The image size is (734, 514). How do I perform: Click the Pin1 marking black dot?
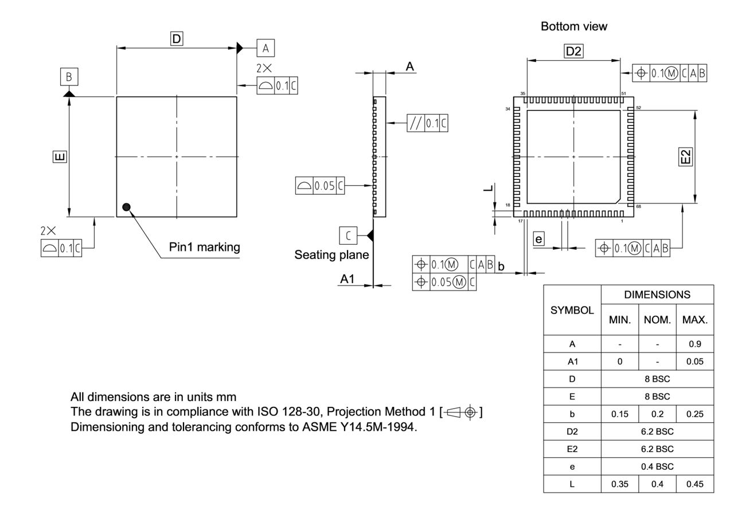[127, 207]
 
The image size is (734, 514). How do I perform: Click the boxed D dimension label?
[177, 39]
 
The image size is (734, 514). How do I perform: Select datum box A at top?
[266, 48]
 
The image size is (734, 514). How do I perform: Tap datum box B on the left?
[69, 76]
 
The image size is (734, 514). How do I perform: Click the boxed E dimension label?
[60, 156]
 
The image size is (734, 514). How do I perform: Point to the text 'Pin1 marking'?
[204, 247]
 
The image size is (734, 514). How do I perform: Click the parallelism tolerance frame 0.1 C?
[427, 123]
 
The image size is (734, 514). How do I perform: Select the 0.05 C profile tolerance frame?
[320, 186]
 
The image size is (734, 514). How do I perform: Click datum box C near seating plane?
[348, 235]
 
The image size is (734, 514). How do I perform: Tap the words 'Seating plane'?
[331, 254]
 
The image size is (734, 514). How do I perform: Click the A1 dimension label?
[348, 279]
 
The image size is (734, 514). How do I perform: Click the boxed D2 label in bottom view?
[573, 52]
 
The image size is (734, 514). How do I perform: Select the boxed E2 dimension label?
[686, 156]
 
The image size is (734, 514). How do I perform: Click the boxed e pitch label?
[538, 238]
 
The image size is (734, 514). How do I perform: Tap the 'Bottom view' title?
[573, 26]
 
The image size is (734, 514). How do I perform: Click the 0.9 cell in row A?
[694, 344]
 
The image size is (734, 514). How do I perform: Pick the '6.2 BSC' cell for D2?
[657, 431]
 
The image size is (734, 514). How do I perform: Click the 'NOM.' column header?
[657, 320]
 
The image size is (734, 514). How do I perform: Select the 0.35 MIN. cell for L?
[620, 484]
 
